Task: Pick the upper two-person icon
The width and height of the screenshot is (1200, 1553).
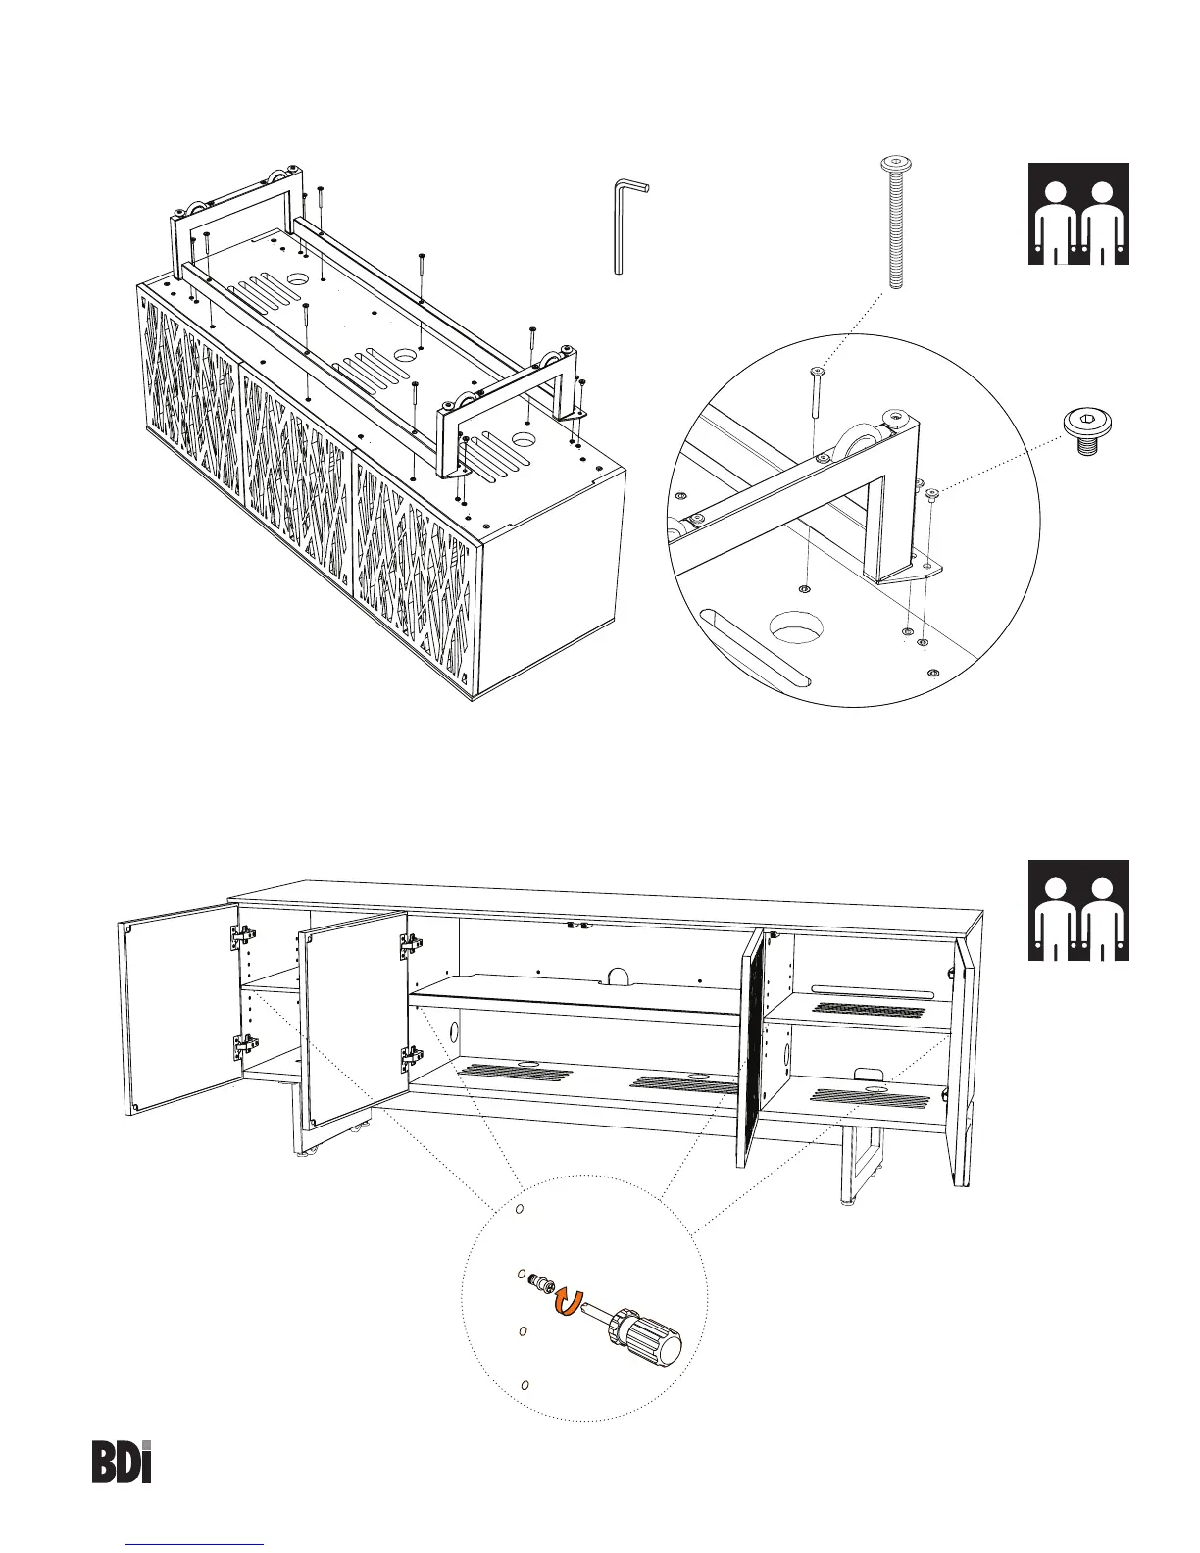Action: tap(1078, 214)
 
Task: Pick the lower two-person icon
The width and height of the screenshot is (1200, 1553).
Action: tap(1078, 910)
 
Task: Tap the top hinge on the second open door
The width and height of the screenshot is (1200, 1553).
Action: tap(410, 946)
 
